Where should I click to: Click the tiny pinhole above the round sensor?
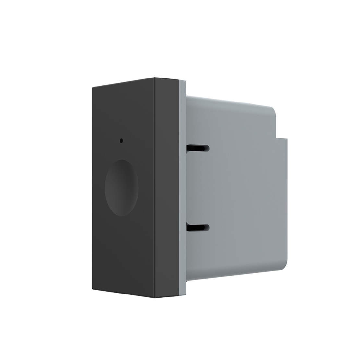[x=121, y=141]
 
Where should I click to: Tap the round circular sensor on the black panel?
[x=122, y=187]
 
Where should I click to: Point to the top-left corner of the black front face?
[x=93, y=87]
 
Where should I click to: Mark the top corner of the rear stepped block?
[x=287, y=139]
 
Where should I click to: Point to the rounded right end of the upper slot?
[x=207, y=149]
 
